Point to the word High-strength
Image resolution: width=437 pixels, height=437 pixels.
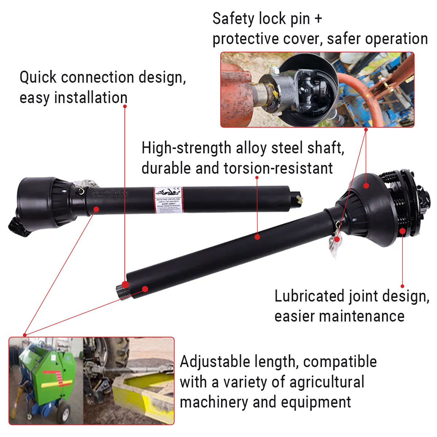(x=186, y=148)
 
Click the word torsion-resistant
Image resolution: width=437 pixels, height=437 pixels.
(x=278, y=168)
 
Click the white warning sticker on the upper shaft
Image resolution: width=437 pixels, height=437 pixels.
(x=168, y=201)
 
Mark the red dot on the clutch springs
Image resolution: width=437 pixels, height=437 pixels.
(x=402, y=231)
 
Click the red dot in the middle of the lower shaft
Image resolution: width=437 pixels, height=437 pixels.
(x=257, y=237)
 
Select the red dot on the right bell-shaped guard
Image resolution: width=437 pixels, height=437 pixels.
(x=366, y=186)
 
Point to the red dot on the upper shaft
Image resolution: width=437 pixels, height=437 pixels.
(x=97, y=209)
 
